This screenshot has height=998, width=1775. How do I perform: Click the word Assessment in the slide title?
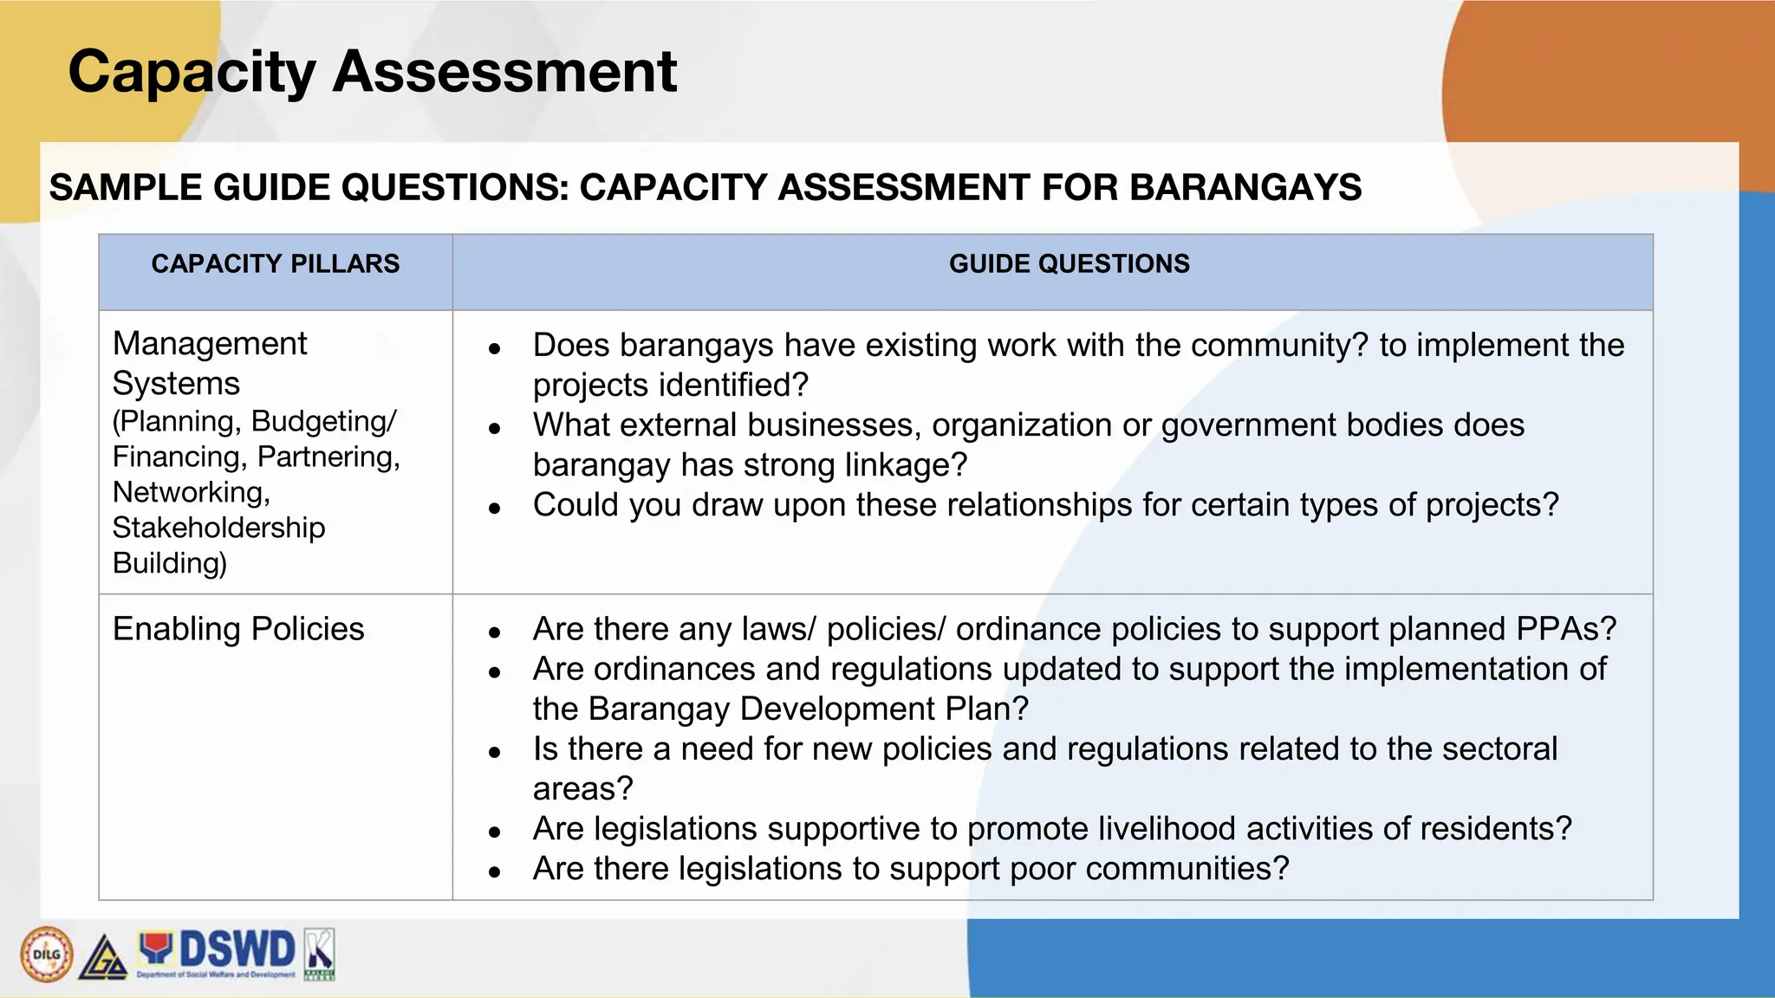(x=504, y=72)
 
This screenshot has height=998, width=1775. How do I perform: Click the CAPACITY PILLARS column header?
(x=276, y=264)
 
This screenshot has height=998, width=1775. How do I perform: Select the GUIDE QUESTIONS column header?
(x=1069, y=264)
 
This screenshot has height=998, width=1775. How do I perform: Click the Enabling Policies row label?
(x=238, y=629)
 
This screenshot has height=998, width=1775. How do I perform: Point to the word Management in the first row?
(x=210, y=344)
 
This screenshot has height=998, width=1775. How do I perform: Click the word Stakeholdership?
(x=218, y=528)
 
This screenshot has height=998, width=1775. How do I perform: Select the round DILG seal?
(x=47, y=955)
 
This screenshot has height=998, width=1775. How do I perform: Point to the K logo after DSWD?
(x=319, y=953)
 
